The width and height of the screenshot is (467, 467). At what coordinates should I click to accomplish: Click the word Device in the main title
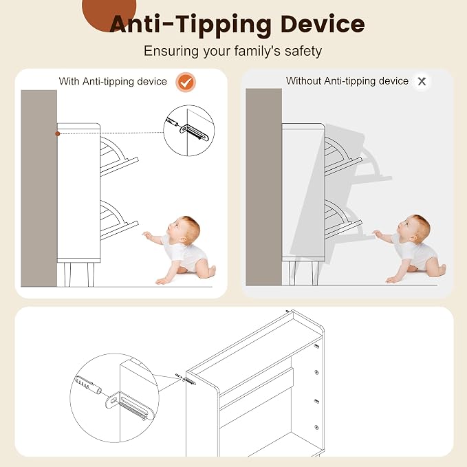click(x=323, y=24)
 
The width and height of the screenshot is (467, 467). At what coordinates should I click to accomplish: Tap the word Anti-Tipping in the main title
click(x=191, y=25)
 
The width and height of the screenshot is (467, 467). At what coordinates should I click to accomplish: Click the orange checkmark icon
click(x=186, y=83)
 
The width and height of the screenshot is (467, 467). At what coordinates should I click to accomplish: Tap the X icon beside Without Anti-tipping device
click(x=422, y=81)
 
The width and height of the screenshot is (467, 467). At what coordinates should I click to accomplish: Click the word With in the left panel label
click(x=69, y=81)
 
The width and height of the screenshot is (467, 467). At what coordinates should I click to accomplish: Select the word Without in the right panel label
click(x=303, y=80)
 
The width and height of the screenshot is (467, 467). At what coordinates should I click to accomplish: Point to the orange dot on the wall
click(x=58, y=133)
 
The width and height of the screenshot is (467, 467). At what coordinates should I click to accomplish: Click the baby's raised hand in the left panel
click(x=146, y=235)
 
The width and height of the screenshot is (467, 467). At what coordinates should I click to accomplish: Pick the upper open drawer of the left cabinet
click(x=118, y=156)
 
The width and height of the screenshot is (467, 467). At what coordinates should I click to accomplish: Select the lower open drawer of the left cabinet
click(x=118, y=220)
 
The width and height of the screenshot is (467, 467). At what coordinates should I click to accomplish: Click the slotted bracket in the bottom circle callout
click(x=130, y=406)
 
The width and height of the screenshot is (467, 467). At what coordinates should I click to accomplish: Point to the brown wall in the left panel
click(x=39, y=188)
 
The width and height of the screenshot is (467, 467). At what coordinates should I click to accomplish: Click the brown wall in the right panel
click(x=263, y=187)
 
